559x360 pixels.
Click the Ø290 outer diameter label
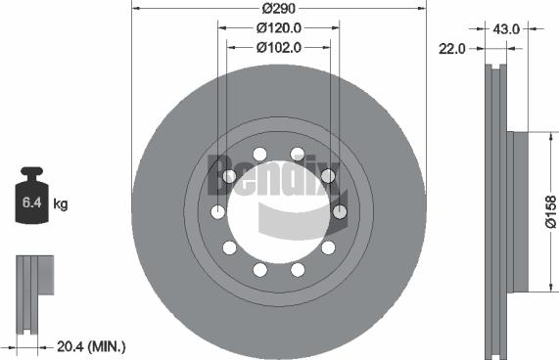(x=278, y=11)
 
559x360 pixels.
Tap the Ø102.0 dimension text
(x=278, y=45)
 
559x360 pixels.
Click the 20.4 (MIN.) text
(x=92, y=346)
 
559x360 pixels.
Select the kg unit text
(x=60, y=203)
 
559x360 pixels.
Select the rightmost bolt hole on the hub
(x=340, y=211)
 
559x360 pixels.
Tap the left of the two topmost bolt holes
(x=259, y=154)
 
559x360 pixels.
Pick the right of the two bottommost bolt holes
(x=298, y=269)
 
